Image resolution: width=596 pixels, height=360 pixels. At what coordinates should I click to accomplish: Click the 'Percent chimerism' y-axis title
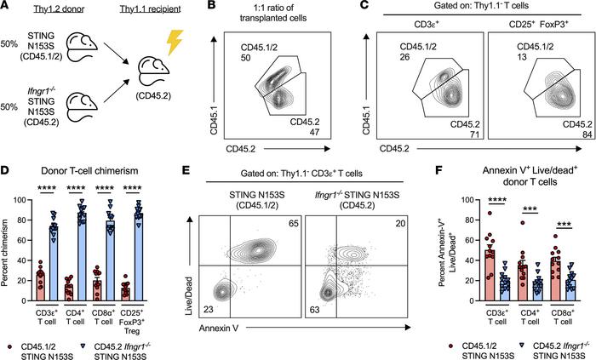12,238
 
